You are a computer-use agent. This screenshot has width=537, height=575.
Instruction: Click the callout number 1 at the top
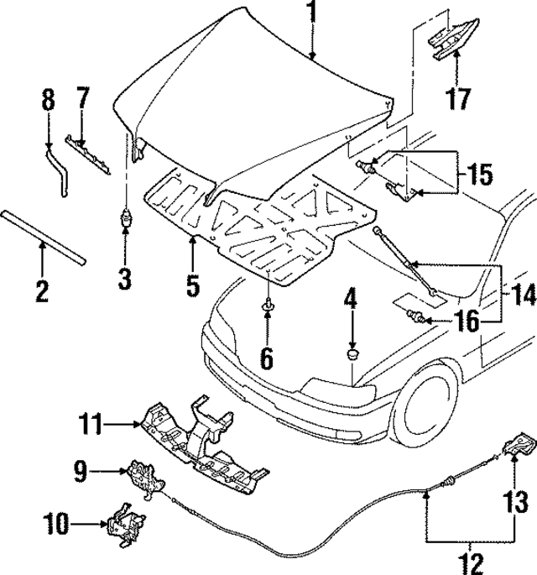(311, 13)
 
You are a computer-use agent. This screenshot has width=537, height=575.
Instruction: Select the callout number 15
(478, 177)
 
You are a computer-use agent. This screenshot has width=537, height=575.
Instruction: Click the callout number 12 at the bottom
(471, 560)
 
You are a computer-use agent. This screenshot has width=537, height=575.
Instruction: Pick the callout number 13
(518, 502)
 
